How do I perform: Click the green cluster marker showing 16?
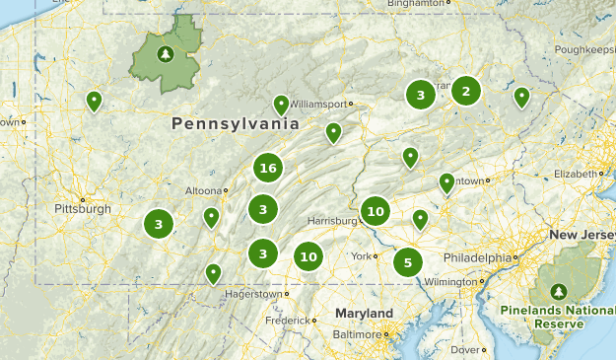click(x=267, y=169)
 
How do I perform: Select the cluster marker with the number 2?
click(x=465, y=92)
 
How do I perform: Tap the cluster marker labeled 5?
click(x=407, y=262)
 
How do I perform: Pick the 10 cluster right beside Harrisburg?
click(x=375, y=210)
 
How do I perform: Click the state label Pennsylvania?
click(x=234, y=124)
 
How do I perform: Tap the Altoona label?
click(x=203, y=190)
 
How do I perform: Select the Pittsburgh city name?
click(x=82, y=209)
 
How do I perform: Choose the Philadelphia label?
click(x=477, y=257)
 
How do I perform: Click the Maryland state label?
click(x=363, y=313)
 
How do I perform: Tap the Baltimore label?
click(x=357, y=334)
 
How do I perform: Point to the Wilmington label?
click(x=450, y=281)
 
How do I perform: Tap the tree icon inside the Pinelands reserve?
click(x=559, y=292)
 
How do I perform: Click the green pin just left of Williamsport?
click(x=282, y=105)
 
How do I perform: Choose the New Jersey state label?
click(x=582, y=235)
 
